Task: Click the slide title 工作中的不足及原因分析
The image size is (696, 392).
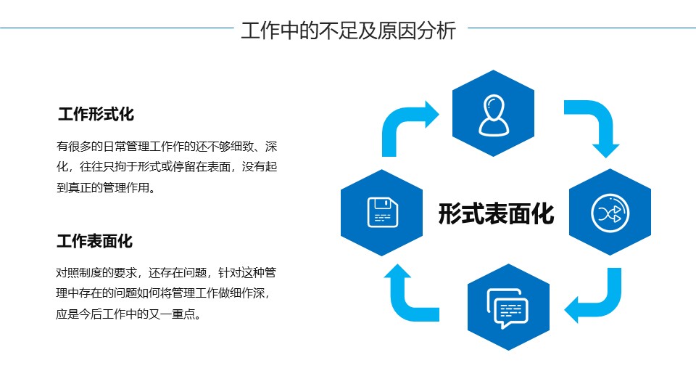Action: point(348,30)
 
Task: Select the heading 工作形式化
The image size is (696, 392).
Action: point(96,114)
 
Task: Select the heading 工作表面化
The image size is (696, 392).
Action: point(95,241)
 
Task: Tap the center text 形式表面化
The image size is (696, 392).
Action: point(496,213)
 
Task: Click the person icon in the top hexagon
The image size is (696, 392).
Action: point(493,115)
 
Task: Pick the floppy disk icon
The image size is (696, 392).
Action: point(382,212)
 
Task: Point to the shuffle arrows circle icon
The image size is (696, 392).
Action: point(610,212)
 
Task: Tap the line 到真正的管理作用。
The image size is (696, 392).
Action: point(106,188)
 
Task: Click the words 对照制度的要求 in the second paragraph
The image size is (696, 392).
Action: point(96,273)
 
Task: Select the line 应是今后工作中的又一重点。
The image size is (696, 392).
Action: point(128,316)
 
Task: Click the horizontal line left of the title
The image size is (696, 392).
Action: point(116,28)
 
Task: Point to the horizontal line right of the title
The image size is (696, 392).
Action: point(580,28)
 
